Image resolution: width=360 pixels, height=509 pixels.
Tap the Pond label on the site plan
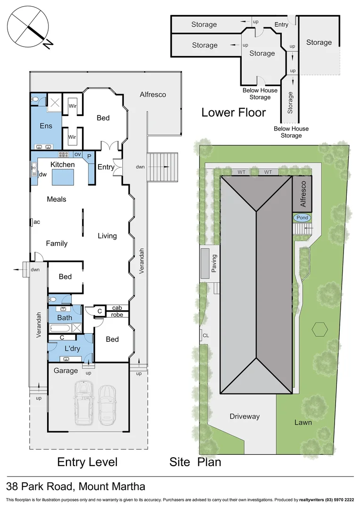302,218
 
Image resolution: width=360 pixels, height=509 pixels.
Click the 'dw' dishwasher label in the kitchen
42,174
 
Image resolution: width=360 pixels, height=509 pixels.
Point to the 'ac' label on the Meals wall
36,222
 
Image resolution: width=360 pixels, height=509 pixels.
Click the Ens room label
46,126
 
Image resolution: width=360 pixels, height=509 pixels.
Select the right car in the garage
107,404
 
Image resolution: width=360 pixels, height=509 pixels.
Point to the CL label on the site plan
205,336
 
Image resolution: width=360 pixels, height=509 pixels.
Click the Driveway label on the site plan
245,416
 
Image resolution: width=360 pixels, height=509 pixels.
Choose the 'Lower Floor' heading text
234,113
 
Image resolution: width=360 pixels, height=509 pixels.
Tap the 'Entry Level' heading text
87,461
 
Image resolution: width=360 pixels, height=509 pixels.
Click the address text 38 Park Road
75,486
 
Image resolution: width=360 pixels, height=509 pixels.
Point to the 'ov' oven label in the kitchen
77,155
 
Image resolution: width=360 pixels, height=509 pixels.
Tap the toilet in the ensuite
35,99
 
